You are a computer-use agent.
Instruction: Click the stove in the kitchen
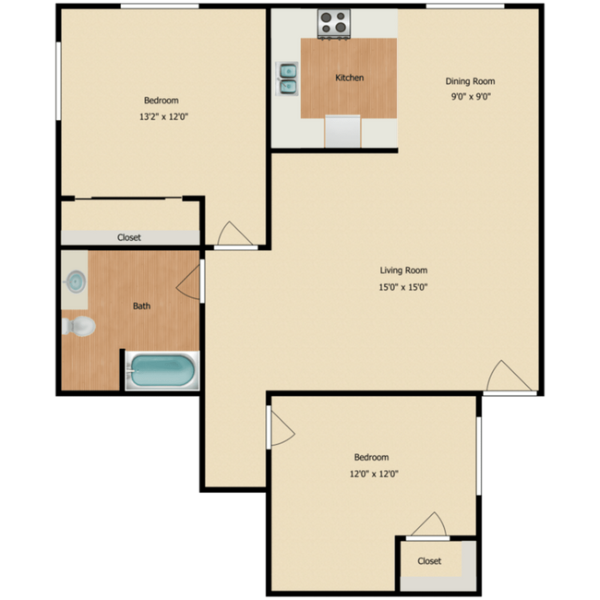pyautogui.click(x=332, y=24)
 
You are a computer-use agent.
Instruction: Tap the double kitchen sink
pyautogui.click(x=288, y=78)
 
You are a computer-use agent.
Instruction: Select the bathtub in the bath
pyautogui.click(x=162, y=371)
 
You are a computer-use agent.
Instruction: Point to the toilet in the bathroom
pyautogui.click(x=80, y=326)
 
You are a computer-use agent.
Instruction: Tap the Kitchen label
pyautogui.click(x=349, y=78)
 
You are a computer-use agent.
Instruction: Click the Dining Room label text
pyautogui.click(x=471, y=81)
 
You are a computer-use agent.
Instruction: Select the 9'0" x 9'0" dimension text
pyautogui.click(x=471, y=96)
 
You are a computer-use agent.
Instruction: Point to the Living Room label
pyautogui.click(x=403, y=270)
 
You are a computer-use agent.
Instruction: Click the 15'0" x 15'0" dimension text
pyautogui.click(x=403, y=286)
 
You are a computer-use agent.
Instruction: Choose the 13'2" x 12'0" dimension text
pyautogui.click(x=162, y=116)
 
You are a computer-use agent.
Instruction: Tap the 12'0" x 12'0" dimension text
pyautogui.click(x=371, y=474)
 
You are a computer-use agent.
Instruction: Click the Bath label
pyautogui.click(x=141, y=306)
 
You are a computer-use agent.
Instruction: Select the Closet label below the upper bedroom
pyautogui.click(x=129, y=237)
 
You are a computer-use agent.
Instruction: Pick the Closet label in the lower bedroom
pyautogui.click(x=429, y=560)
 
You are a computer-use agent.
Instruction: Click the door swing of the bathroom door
pyautogui.click(x=190, y=281)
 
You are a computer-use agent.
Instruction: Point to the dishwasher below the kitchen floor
pyautogui.click(x=342, y=131)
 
